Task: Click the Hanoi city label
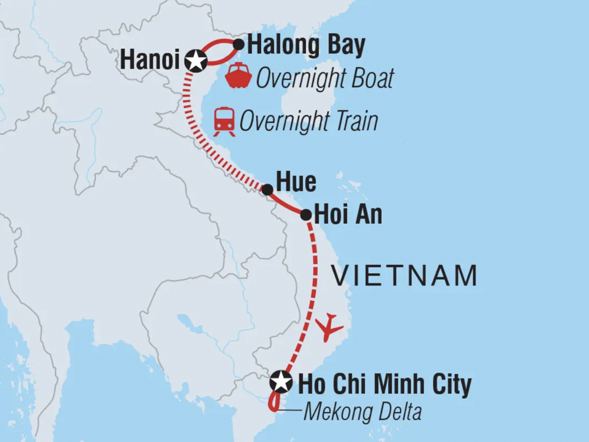pyautogui.click(x=150, y=59)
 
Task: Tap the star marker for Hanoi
pyautogui.click(x=196, y=61)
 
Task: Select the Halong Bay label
pyautogui.click(x=306, y=45)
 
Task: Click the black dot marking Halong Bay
pyautogui.click(x=239, y=45)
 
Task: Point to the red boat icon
pyautogui.click(x=238, y=76)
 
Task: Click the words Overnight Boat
pyautogui.click(x=325, y=79)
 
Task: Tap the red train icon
pyautogui.click(x=224, y=121)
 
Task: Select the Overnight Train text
pyautogui.click(x=308, y=121)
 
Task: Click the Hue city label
pyautogui.click(x=296, y=182)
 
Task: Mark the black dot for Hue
pyautogui.click(x=267, y=190)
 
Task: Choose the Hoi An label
pyautogui.click(x=348, y=214)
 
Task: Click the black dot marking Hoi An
pyautogui.click(x=306, y=215)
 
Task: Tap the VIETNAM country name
pyautogui.click(x=404, y=276)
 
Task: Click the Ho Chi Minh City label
pyautogui.click(x=385, y=384)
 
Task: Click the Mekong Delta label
pyautogui.click(x=363, y=412)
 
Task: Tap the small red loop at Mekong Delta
pyautogui.click(x=274, y=402)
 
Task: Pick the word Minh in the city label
pyautogui.click(x=399, y=384)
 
